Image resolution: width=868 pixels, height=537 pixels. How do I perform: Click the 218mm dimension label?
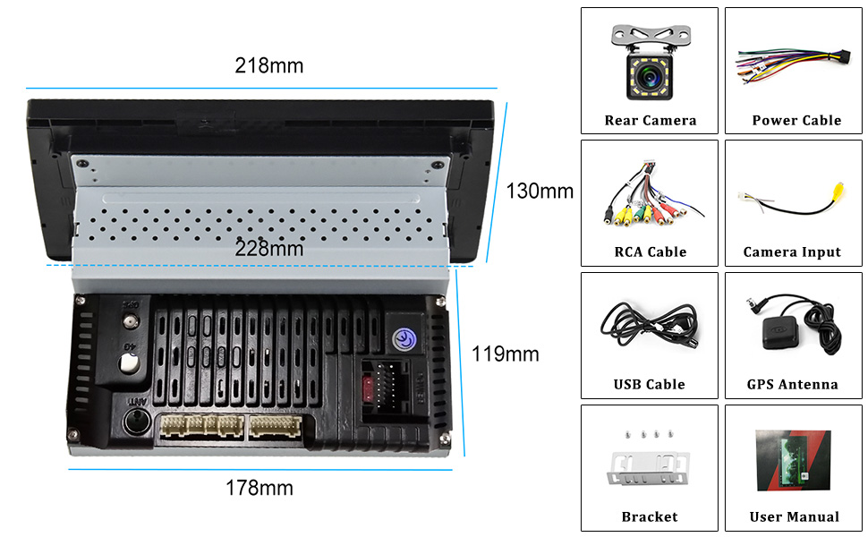click(x=268, y=66)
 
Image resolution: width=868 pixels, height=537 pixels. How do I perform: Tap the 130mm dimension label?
click(x=540, y=191)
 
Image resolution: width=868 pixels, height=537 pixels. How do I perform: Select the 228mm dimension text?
click(x=268, y=249)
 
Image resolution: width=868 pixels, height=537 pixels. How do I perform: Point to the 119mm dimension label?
click(x=506, y=354)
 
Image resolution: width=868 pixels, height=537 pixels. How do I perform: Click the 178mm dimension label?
click(x=259, y=489)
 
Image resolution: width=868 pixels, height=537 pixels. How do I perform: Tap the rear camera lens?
click(x=650, y=73)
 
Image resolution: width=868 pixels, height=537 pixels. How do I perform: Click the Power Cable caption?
click(x=796, y=120)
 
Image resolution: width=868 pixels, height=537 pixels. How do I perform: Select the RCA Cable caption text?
click(x=650, y=251)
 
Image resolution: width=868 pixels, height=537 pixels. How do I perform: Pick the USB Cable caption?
click(x=650, y=384)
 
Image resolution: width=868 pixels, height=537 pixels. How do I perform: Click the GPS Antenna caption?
click(x=793, y=384)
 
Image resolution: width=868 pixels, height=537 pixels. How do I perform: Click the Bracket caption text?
click(x=650, y=516)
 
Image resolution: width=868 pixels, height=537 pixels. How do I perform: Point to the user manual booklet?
click(x=794, y=460)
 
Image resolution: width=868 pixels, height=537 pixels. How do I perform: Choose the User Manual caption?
click(x=795, y=516)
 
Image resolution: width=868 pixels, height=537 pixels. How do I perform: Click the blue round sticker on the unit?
click(x=404, y=339)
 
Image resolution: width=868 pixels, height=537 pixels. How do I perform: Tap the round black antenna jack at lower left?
click(x=136, y=422)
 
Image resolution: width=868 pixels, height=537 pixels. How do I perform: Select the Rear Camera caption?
click(x=650, y=120)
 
